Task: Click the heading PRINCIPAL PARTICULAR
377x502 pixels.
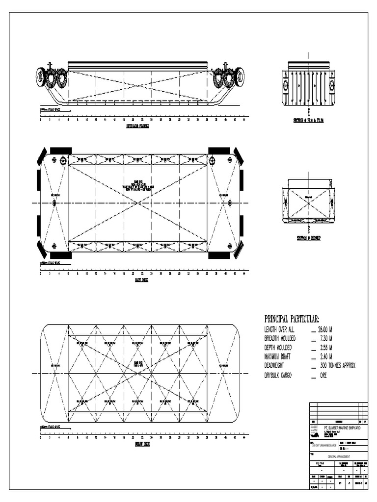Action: tap(292, 319)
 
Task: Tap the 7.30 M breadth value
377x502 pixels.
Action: tap(323, 339)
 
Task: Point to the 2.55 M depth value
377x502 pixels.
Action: tap(323, 348)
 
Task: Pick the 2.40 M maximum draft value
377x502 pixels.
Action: tap(323, 356)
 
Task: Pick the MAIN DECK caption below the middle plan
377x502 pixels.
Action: tap(141, 280)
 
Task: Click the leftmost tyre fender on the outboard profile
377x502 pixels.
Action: tap(41, 77)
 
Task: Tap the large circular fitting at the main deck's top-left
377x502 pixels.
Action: tap(63, 160)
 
